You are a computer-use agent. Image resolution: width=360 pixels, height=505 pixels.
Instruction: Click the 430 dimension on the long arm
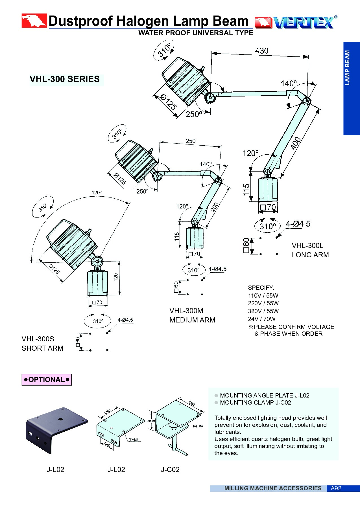pos(261,51)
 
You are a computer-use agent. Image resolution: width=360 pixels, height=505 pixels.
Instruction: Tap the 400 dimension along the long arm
pos(296,143)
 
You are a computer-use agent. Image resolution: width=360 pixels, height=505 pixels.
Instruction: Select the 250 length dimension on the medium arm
pos(191,141)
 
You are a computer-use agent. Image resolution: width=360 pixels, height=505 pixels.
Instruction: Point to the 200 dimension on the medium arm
pos(215,207)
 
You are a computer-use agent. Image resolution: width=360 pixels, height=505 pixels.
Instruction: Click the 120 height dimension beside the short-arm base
pos(116,277)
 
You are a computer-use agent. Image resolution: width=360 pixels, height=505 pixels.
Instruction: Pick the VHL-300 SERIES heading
pos(65,79)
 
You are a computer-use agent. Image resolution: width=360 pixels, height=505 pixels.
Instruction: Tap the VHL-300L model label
pos(307,245)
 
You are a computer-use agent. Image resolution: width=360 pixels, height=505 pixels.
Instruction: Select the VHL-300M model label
pos(186,311)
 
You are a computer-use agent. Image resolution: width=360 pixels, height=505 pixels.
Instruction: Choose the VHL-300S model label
pos(38,339)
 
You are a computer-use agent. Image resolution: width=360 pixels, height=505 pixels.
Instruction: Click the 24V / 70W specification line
pos(261,319)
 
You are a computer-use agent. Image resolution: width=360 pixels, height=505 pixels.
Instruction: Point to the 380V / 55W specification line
pos(263,311)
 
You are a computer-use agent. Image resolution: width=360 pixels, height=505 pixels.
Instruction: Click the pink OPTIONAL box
pos(47,380)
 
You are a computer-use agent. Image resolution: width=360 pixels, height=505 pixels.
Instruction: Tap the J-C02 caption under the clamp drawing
pos(170,470)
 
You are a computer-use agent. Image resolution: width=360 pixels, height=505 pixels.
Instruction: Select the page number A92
pos(336,488)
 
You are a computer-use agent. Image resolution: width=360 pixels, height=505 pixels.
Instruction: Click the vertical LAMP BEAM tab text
pos(347,68)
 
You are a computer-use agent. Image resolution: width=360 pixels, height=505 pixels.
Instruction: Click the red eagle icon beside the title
pos(34,21)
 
